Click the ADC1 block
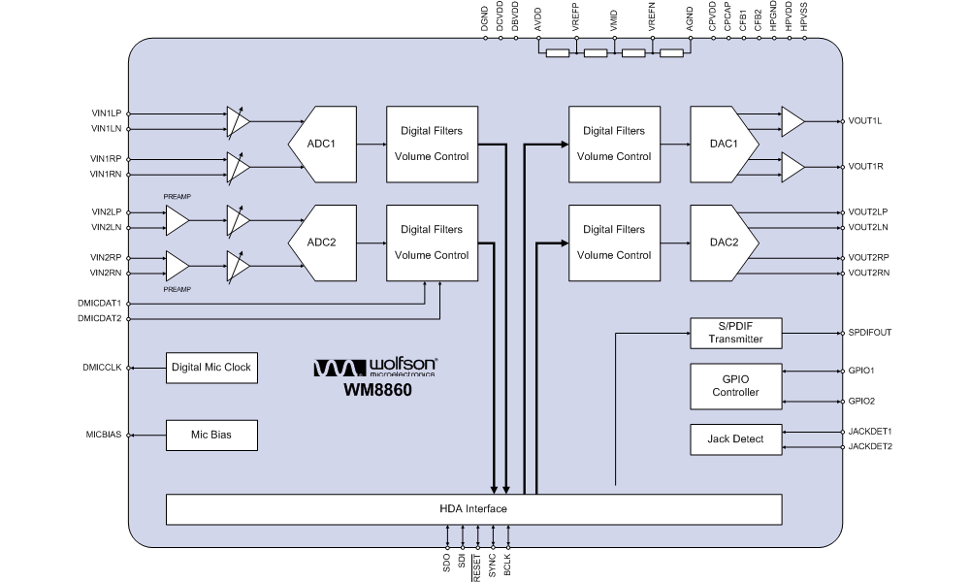[x=322, y=144]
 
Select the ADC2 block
[x=322, y=242]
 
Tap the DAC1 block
[x=722, y=144]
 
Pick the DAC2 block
[x=722, y=242]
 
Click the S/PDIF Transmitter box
[x=735, y=333]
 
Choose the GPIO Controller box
[x=735, y=386]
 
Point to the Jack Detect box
[x=735, y=439]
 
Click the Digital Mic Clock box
[x=211, y=368]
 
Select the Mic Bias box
[x=211, y=436]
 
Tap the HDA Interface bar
[x=473, y=509]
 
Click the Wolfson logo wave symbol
[x=339, y=368]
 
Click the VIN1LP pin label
[x=107, y=113]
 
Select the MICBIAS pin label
[x=104, y=435]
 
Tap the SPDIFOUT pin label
[x=870, y=333]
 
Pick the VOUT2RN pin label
[x=869, y=274]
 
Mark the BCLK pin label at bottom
[x=508, y=564]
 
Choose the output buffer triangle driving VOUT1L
[x=792, y=121]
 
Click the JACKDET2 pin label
[x=870, y=447]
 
